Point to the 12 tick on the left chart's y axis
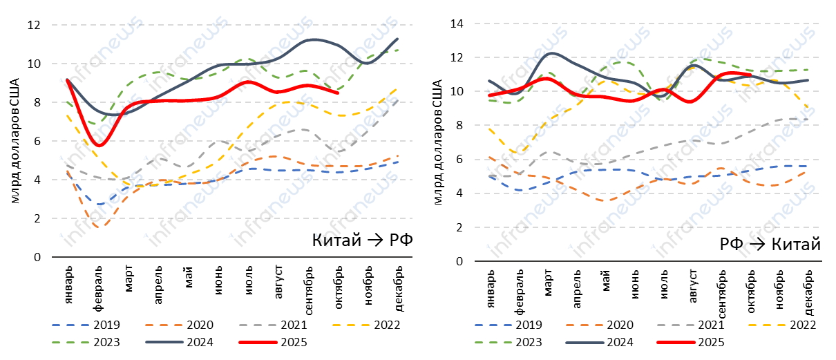click(x=33, y=25)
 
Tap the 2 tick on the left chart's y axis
click(x=36, y=218)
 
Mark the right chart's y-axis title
click(x=437, y=142)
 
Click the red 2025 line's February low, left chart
click(x=100, y=145)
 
